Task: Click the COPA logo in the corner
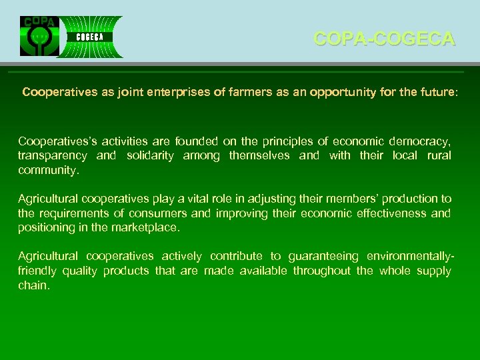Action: click(39, 37)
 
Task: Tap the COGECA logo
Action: click(89, 37)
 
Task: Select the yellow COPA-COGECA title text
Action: click(384, 39)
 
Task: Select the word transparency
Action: click(52, 155)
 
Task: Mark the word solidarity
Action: click(149, 155)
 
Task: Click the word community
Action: click(48, 169)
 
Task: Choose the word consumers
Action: click(157, 213)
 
